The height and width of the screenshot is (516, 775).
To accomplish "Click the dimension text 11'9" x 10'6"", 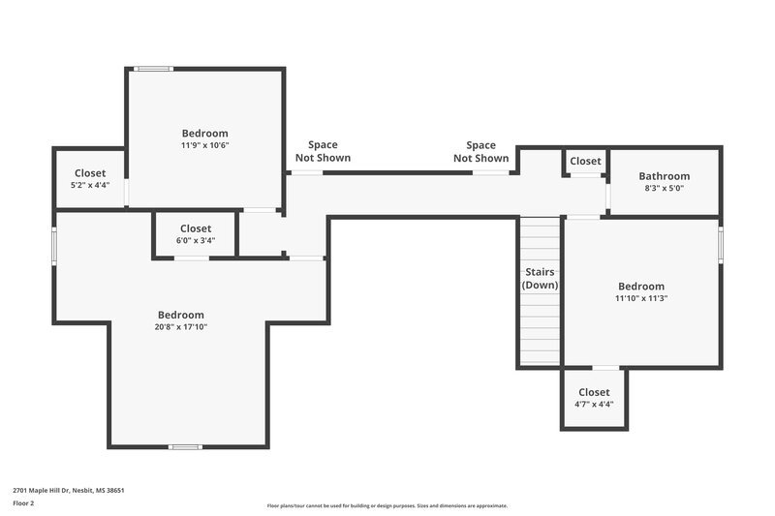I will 204,145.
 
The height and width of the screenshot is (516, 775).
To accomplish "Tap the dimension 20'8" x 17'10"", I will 182,327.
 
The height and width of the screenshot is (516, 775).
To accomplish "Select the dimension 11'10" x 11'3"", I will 641,298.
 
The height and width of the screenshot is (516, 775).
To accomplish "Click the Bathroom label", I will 664,176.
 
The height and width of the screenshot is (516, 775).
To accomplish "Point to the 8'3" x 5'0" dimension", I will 664,189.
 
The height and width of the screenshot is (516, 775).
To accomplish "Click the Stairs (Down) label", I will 541,279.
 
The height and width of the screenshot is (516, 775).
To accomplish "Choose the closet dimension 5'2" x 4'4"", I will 90,185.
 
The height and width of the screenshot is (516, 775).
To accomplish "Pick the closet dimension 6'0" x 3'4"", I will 195,240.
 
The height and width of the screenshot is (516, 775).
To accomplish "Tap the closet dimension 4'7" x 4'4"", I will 593,404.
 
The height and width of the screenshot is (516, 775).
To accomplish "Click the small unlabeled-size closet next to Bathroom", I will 585,161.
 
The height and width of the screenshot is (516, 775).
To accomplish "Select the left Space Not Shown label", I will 323,152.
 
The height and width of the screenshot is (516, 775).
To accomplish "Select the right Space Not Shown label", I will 480,152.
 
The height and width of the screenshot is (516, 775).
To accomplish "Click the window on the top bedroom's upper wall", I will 153,69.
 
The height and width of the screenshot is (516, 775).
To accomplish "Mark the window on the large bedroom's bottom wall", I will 184,446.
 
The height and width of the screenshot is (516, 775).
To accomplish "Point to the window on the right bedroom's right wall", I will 721,243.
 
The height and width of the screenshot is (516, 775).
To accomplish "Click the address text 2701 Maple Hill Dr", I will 69,490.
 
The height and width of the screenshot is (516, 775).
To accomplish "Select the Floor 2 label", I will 23,503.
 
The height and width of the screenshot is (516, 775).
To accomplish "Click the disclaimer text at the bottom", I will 387,505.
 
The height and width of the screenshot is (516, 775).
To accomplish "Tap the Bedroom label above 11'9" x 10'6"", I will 204,133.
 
